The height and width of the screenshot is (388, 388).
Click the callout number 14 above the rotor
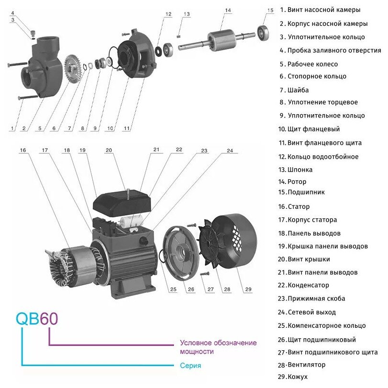click(227, 10)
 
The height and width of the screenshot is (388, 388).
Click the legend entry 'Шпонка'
click(300, 170)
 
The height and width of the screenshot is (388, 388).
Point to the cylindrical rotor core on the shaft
click(222, 38)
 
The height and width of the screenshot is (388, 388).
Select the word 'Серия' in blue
click(191, 366)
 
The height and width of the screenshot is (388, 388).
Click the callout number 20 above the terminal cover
click(108, 150)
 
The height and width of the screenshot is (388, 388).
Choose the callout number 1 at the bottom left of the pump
click(12, 129)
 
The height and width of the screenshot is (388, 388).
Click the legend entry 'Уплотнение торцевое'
click(322, 102)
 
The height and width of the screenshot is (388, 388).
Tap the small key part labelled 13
click(178, 34)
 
